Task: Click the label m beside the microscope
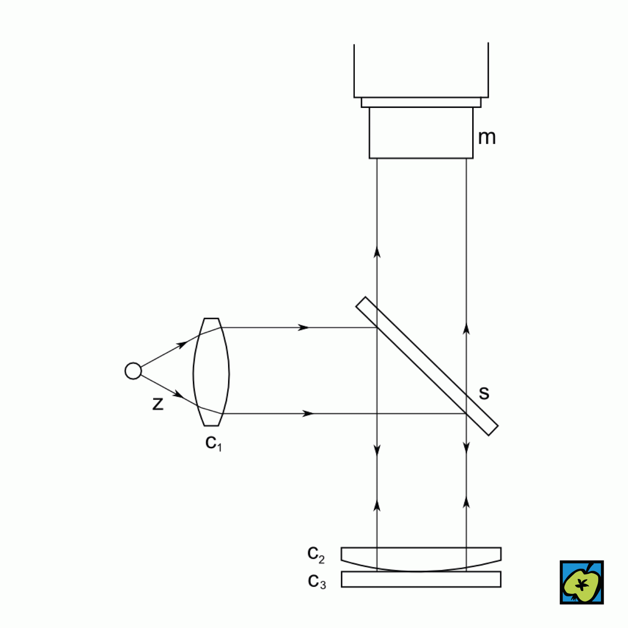pos(487,138)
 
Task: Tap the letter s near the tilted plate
pos(484,393)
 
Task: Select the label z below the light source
pos(158,404)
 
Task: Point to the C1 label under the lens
pos(214,443)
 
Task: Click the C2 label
pos(316,554)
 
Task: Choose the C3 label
pos(317,582)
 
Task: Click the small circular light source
pos(133,371)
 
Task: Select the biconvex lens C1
pos(211,372)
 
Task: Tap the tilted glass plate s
pos(427,366)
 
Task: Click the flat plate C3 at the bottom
pos(421,579)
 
